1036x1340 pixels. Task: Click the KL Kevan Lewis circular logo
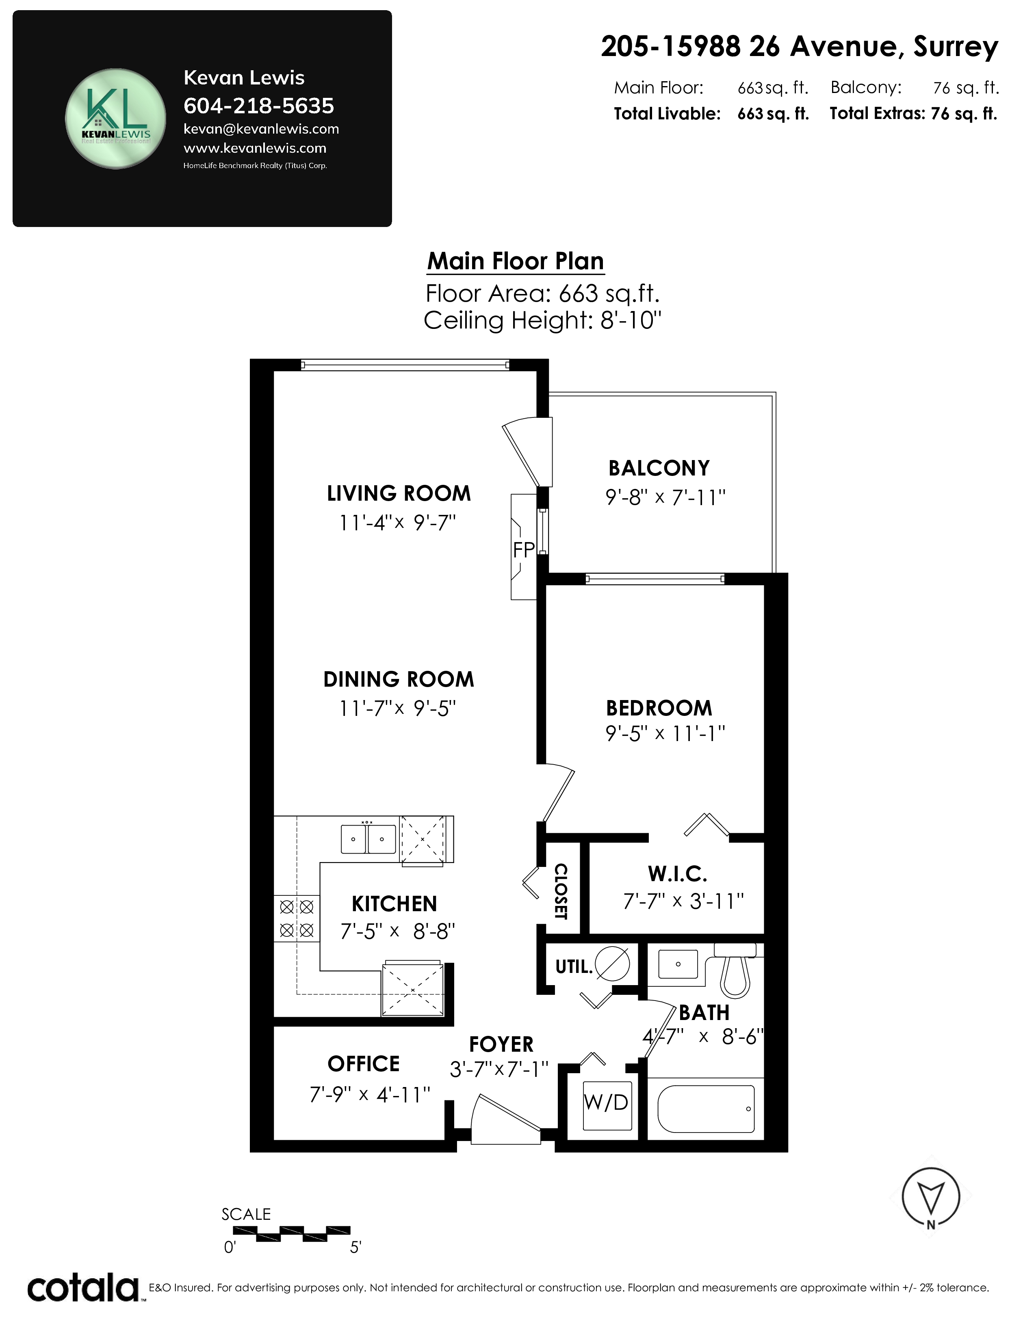[x=115, y=119]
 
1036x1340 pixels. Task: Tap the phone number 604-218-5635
[x=258, y=106]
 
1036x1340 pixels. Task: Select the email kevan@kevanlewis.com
[x=261, y=129]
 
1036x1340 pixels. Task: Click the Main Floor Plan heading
[x=516, y=262]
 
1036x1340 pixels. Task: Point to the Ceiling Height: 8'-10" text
[x=542, y=320]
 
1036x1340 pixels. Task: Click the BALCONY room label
[x=659, y=468]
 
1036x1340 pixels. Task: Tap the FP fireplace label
[x=524, y=550]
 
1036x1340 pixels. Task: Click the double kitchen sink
[x=368, y=839]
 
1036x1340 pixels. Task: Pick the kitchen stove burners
[x=297, y=919]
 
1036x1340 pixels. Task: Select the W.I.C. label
[x=678, y=874]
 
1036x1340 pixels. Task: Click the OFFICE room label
[x=363, y=1064]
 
